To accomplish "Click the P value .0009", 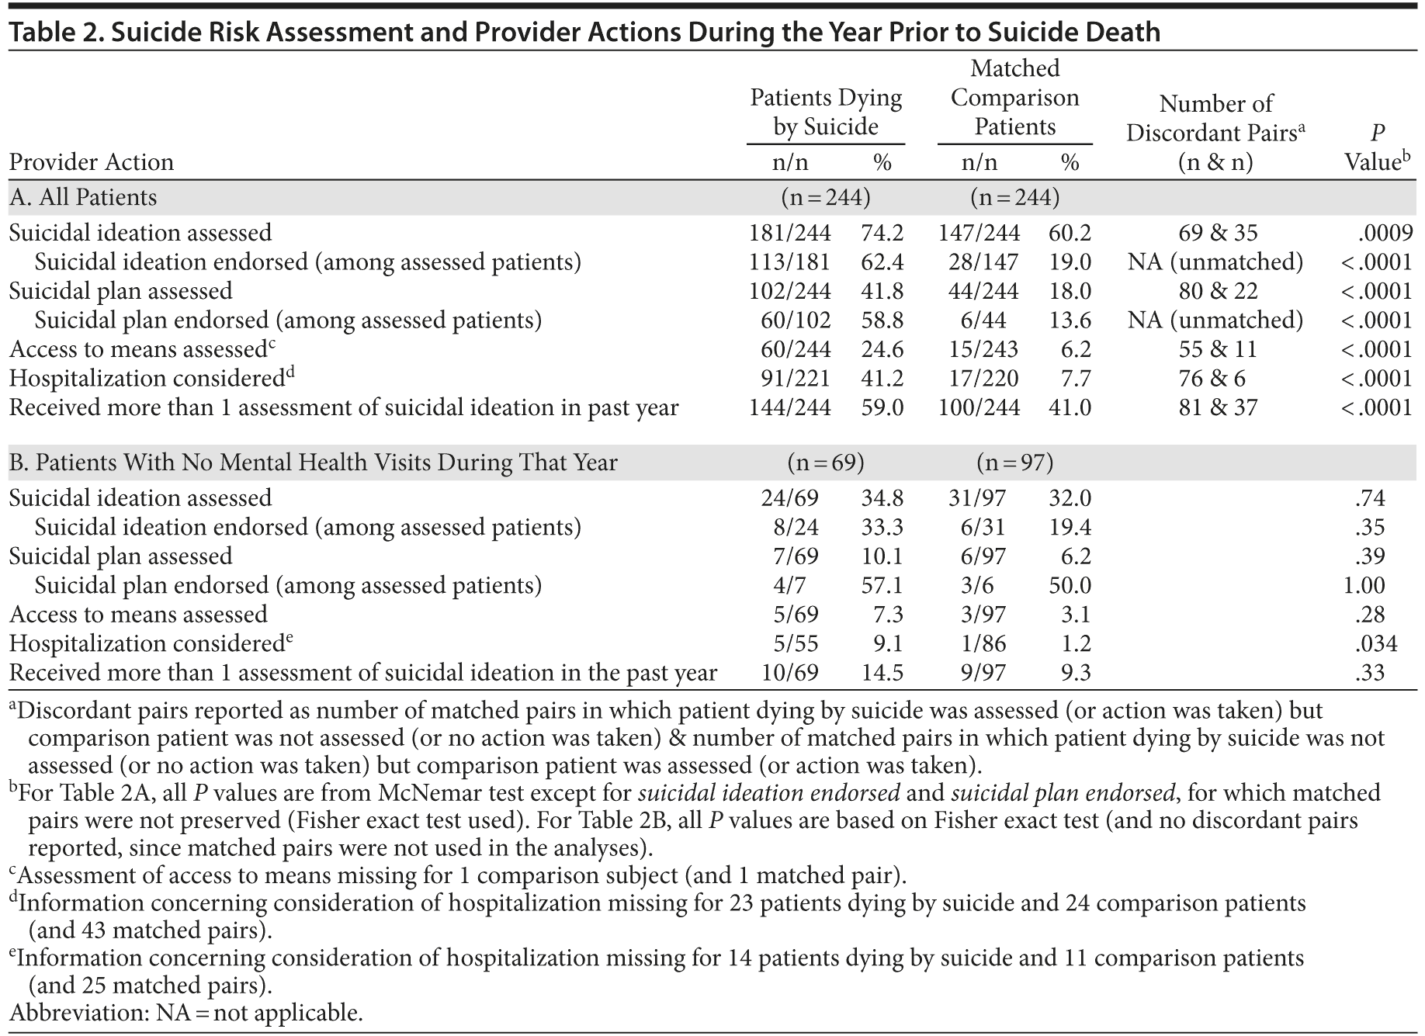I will (1385, 233).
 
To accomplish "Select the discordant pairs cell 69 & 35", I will (1217, 233).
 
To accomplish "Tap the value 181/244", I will (789, 233).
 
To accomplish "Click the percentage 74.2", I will (882, 233).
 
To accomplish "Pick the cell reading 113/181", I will (789, 262).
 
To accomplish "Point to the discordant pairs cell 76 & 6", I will (1217, 379).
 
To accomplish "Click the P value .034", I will (1375, 643).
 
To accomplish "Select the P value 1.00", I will (1364, 585).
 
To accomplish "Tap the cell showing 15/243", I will (979, 350).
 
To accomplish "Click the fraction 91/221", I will (795, 379).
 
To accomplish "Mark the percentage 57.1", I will (882, 585).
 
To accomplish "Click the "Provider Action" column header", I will (92, 162).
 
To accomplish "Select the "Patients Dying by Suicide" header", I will (826, 113).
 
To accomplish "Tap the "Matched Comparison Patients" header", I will (1014, 98).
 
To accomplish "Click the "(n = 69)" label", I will (825, 463).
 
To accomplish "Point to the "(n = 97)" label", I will (1014, 463).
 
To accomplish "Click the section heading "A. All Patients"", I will (83, 198).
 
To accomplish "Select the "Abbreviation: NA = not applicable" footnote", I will (185, 1013).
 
